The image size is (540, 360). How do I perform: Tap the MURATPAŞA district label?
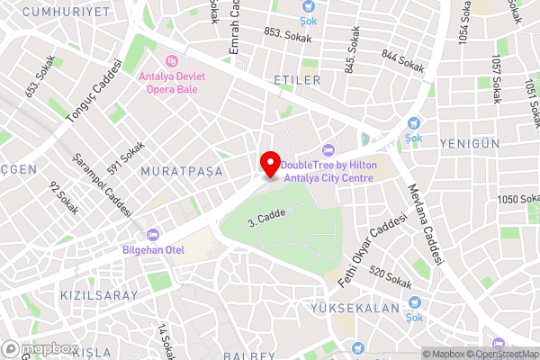tap(181, 171)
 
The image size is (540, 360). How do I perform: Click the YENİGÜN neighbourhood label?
tap(469, 143)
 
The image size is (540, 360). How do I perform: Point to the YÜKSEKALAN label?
tap(368, 307)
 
